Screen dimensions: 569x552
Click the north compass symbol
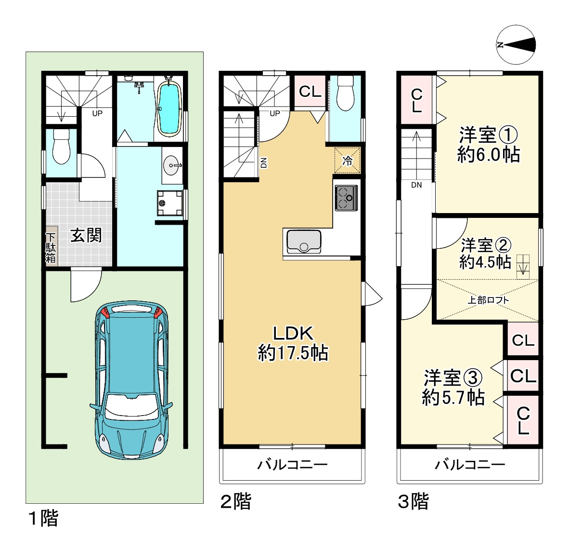click(516, 45)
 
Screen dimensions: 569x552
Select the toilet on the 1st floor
click(61, 147)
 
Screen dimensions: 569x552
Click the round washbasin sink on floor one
click(171, 166)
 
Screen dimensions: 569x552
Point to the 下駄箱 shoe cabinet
click(51, 247)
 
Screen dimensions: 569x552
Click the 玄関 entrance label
click(86, 235)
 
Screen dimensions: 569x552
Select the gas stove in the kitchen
click(346, 198)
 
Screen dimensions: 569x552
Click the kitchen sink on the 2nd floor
click(304, 242)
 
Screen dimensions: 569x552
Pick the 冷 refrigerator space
click(347, 160)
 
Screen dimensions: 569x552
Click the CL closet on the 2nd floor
click(310, 91)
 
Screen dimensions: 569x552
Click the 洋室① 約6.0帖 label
click(489, 145)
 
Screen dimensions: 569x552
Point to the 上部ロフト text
click(488, 300)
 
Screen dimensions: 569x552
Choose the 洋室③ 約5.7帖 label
click(453, 388)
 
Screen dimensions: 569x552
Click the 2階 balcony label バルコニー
click(293, 464)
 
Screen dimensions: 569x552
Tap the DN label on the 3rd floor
click(416, 185)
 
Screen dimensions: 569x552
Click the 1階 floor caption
click(43, 518)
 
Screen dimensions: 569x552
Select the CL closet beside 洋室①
click(416, 99)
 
